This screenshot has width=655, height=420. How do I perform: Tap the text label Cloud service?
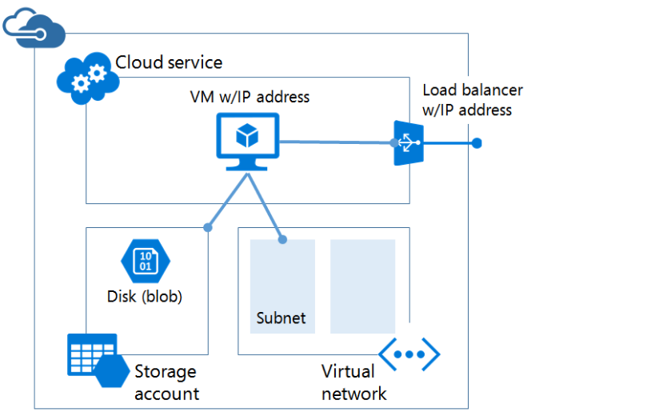(169, 62)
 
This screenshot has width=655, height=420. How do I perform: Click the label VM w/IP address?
(250, 98)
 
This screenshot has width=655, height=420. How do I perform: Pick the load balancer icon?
(407, 143)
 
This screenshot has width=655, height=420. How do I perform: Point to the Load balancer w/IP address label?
(472, 101)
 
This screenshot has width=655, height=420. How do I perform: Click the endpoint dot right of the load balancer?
(477, 143)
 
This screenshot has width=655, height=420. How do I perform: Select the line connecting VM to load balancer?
(336, 142)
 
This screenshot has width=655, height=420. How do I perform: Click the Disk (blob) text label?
(145, 297)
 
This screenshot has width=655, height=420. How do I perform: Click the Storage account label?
(166, 382)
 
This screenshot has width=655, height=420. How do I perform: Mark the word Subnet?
(281, 318)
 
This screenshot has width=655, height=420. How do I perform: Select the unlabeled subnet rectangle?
(362, 286)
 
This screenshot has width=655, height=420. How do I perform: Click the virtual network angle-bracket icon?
(409, 354)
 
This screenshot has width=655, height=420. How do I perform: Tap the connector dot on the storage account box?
(208, 228)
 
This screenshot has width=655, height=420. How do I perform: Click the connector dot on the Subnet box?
(282, 238)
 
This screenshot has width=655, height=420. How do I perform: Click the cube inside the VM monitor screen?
(247, 136)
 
